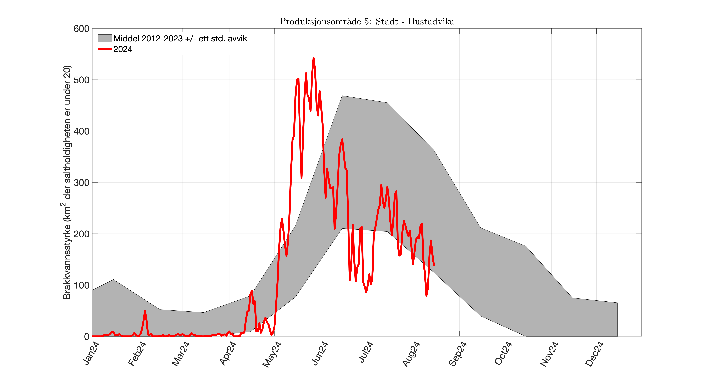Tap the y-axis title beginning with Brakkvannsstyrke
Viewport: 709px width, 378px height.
pyautogui.click(x=67, y=182)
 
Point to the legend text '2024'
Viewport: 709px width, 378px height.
pyautogui.click(x=123, y=49)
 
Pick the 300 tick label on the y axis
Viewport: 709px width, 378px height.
pyautogui.click(x=81, y=182)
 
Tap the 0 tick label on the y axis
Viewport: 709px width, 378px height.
pyautogui.click(x=87, y=336)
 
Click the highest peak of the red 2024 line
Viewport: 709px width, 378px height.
pyautogui.click(x=313, y=58)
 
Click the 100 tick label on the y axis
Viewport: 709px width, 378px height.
pyautogui.click(x=81, y=285)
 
